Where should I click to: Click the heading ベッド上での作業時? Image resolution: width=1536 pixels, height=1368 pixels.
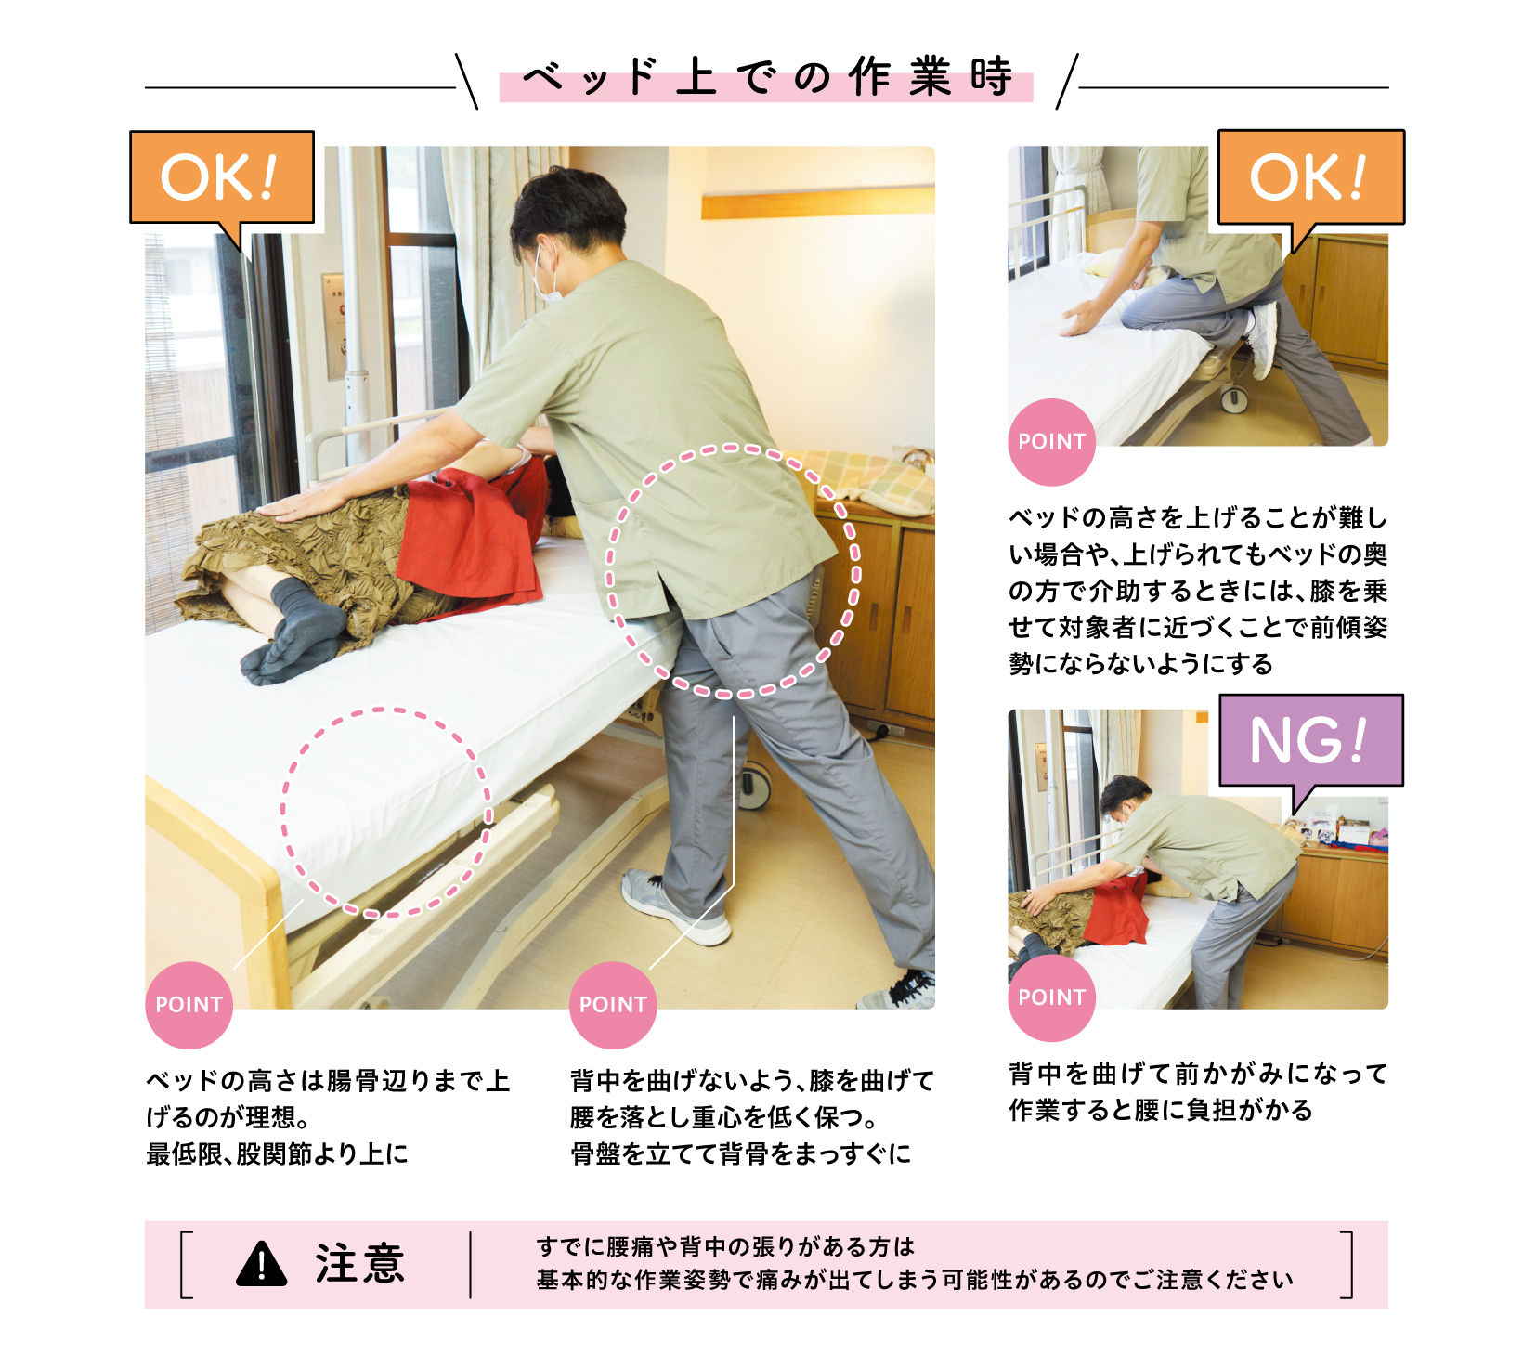tap(766, 77)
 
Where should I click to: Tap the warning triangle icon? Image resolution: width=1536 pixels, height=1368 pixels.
tap(262, 1264)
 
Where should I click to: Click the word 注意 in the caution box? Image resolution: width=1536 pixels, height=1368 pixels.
tap(360, 1264)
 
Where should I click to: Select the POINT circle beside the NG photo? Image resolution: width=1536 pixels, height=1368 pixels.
tap(1051, 997)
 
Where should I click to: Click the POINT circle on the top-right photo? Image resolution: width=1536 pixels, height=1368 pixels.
tap(1051, 442)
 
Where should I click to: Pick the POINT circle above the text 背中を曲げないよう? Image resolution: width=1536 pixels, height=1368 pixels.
tap(613, 1005)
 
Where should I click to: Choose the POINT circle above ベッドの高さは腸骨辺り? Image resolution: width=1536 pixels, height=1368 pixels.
tap(189, 1005)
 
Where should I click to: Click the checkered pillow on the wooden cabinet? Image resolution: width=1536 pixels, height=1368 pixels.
tap(868, 480)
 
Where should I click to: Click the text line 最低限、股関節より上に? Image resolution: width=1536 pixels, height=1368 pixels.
tap(277, 1153)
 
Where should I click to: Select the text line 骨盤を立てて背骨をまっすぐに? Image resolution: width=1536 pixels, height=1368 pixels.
tap(740, 1153)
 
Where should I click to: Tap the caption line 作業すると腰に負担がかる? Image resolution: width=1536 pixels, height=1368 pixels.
tap(1161, 1110)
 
